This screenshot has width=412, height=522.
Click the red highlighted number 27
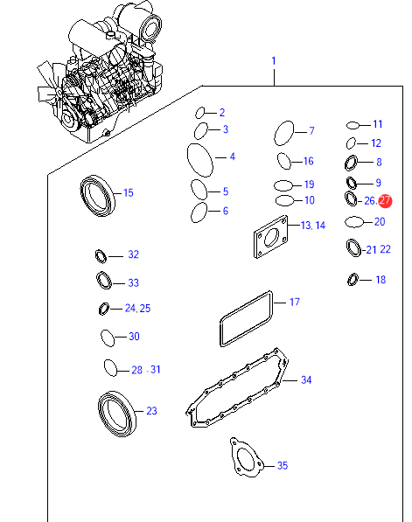pos(386,201)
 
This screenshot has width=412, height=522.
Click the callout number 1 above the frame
pos(274,61)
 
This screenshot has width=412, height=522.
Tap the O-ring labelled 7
pos(276,133)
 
